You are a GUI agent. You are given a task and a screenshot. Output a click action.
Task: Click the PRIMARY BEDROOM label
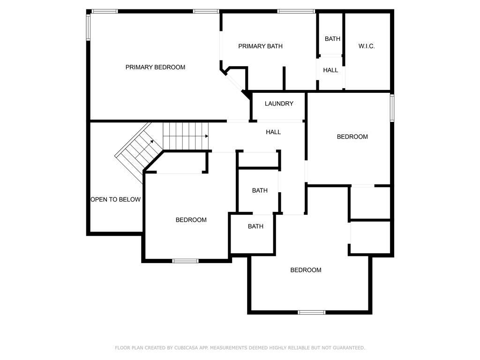(155, 67)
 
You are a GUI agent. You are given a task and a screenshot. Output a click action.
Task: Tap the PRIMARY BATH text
(260, 46)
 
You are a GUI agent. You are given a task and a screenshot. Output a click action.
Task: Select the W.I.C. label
(367, 46)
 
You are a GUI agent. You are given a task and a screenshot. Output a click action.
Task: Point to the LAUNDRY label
(279, 104)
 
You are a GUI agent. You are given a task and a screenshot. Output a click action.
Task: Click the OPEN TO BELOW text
(115, 200)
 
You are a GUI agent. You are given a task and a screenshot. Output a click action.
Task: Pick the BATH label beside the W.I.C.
(332, 39)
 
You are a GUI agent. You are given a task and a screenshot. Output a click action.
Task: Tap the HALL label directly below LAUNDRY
(273, 132)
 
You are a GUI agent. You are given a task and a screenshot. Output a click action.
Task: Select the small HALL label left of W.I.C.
(330, 70)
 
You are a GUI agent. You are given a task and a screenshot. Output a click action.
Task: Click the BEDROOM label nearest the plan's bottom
(306, 270)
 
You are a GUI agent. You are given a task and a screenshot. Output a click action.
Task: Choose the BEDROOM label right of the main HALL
(352, 137)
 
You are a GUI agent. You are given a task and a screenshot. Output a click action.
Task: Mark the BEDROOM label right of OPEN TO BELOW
(191, 220)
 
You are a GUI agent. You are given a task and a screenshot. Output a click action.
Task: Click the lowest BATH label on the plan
(255, 226)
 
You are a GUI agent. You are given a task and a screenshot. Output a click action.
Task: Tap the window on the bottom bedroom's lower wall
(312, 312)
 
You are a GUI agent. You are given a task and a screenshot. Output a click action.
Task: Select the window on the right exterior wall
(392, 108)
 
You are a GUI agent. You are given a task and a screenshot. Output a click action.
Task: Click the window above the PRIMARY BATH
(296, 11)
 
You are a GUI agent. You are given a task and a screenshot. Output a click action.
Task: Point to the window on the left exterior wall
(88, 28)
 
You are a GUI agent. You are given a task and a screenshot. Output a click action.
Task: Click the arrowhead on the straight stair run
(207, 136)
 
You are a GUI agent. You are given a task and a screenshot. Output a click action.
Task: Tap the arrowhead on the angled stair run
(152, 142)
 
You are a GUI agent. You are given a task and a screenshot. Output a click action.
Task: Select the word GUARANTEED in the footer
(349, 348)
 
